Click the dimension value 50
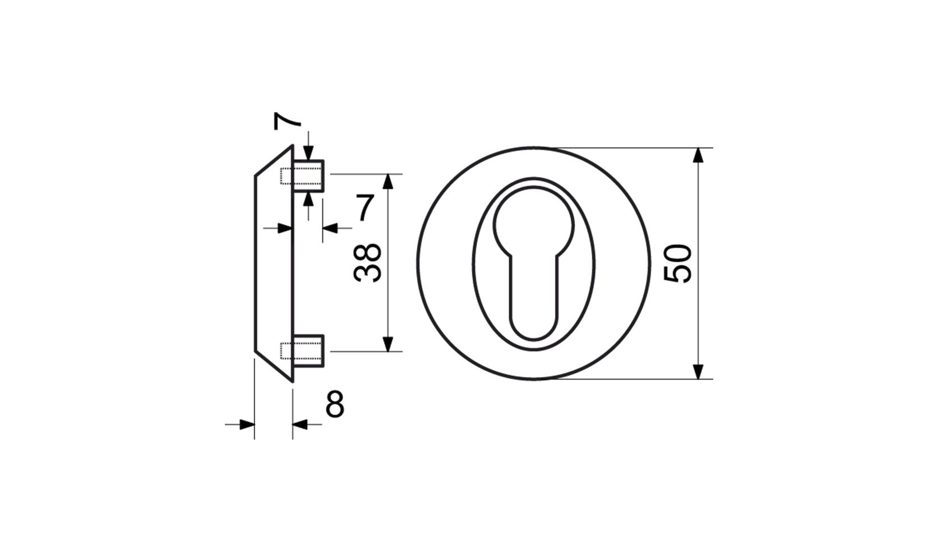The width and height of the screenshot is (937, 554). (x=677, y=264)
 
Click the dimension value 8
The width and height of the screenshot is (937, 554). (x=335, y=404)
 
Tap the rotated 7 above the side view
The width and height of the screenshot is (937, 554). (x=287, y=121)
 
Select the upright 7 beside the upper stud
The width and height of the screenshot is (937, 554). (x=364, y=207)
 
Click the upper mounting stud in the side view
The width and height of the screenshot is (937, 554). (x=308, y=176)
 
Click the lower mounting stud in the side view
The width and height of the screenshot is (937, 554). (x=308, y=351)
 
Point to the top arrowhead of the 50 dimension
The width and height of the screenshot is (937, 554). (x=698, y=155)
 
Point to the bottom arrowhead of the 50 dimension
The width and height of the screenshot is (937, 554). (x=698, y=372)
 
